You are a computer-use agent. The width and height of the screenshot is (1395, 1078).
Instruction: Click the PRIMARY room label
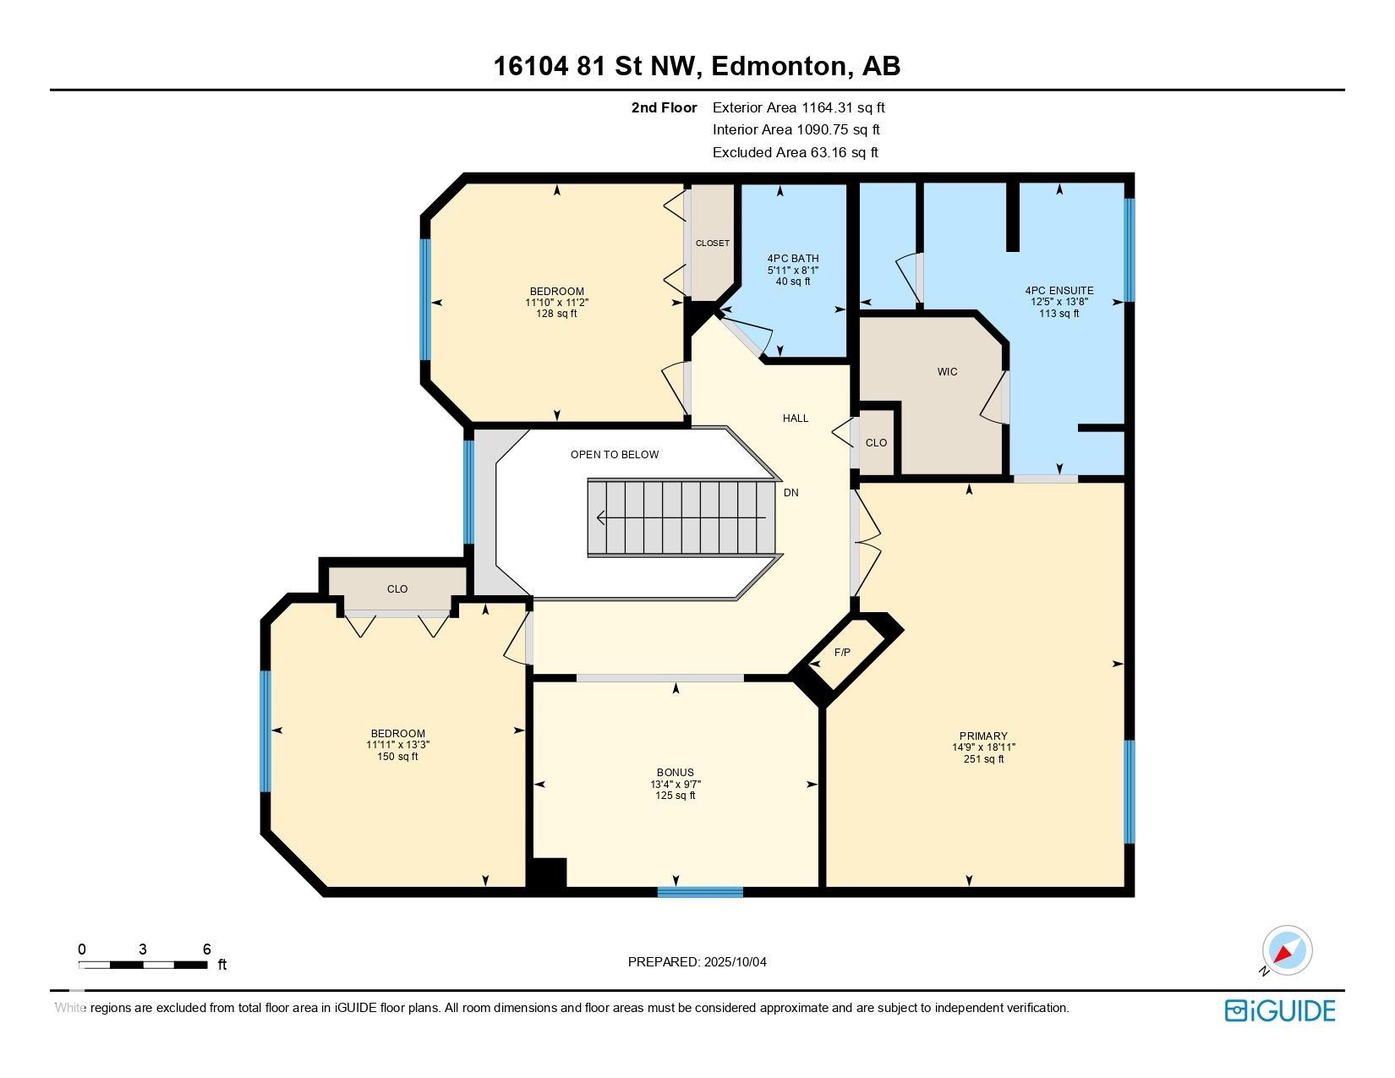click(x=983, y=736)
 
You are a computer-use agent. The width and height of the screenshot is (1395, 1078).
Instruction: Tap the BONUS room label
click(x=675, y=773)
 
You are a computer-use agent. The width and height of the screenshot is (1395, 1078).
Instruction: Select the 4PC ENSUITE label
click(x=1059, y=290)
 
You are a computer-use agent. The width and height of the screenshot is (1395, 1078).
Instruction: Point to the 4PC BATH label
click(x=793, y=258)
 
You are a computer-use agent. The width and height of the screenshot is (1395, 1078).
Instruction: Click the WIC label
click(x=947, y=372)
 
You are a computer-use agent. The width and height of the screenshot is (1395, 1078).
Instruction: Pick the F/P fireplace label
click(x=842, y=653)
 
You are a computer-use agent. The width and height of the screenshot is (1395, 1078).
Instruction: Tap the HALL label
click(x=796, y=418)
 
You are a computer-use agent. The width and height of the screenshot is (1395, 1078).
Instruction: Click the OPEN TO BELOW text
click(x=615, y=455)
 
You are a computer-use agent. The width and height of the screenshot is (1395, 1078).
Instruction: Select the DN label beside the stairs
click(x=790, y=492)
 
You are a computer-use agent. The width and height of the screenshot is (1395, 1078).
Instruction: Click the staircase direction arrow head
click(x=600, y=517)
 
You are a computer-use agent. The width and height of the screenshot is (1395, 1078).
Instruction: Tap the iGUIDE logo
click(x=1279, y=1010)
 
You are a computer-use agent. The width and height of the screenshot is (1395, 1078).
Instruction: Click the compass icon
click(x=1286, y=951)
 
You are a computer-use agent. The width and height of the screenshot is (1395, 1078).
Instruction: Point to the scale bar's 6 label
click(x=207, y=949)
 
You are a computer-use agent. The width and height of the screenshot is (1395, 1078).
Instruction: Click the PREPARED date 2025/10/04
click(x=735, y=962)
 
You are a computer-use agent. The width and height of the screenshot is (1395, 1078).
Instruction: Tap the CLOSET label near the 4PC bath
click(x=713, y=244)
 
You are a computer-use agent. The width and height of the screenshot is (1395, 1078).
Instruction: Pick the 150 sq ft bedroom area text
click(x=397, y=757)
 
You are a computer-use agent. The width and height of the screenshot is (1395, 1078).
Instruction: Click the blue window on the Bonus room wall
click(x=700, y=892)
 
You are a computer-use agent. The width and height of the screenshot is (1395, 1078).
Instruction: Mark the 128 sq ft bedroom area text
click(x=556, y=314)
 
